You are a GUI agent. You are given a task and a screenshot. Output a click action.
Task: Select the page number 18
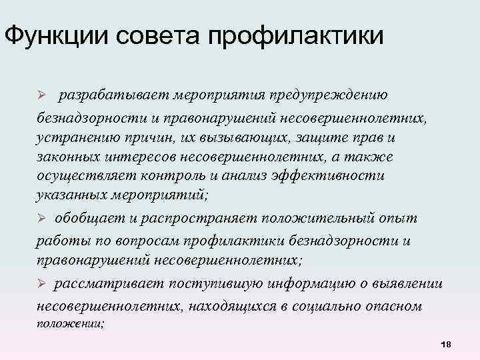[446, 343]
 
